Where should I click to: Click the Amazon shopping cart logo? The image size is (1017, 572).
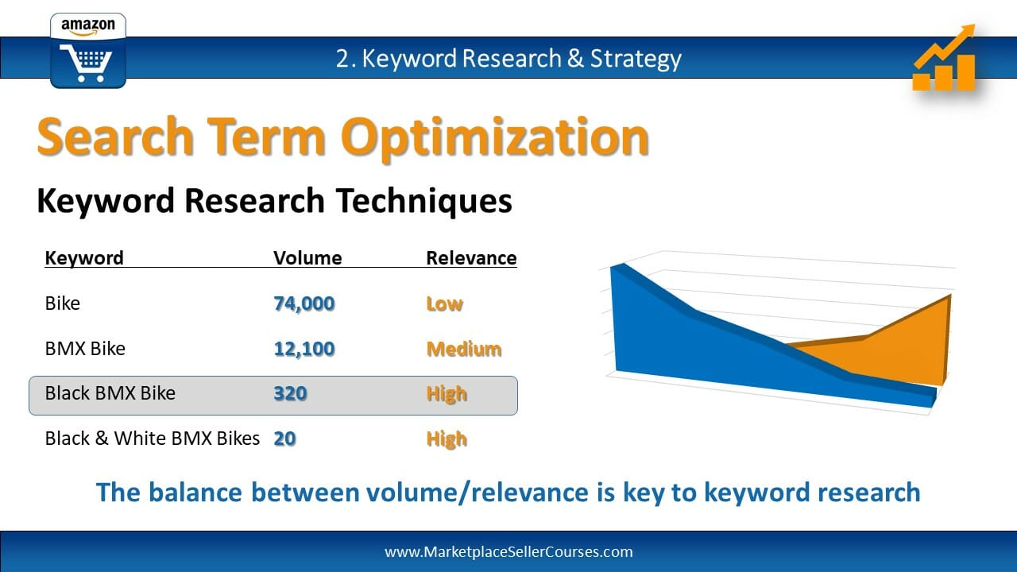coord(88,50)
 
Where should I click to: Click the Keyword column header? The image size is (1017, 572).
coord(84,258)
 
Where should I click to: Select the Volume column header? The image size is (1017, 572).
coord(307,258)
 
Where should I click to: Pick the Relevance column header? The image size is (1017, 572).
coord(471,258)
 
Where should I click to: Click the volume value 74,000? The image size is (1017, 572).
coord(304,303)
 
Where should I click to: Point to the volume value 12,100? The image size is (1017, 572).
coord(304,349)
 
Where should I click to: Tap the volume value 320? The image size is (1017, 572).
coord(291,393)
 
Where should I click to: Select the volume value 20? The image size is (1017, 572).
coord(285,439)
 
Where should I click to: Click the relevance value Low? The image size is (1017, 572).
coord(445,303)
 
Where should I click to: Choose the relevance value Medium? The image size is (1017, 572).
coord(464,349)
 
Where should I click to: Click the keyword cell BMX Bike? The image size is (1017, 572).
coord(85,349)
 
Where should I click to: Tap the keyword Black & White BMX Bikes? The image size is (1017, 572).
coord(153,439)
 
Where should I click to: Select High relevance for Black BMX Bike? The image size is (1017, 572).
coord(447,394)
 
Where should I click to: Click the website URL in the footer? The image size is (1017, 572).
coord(508,552)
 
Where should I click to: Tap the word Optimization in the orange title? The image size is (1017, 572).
coord(495,137)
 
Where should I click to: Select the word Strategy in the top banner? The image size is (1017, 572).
coord(636,59)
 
